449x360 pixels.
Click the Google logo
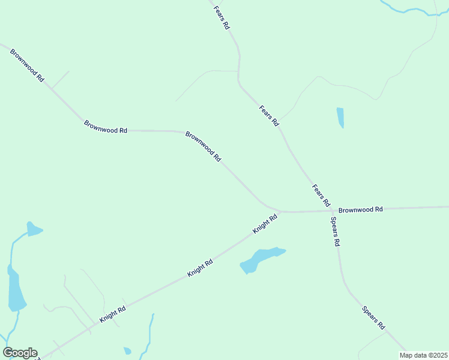point(20,353)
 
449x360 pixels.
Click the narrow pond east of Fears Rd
point(340,117)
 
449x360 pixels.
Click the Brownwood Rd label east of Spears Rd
point(360,210)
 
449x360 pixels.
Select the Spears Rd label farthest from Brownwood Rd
point(373,317)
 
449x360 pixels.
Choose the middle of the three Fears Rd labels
point(269,116)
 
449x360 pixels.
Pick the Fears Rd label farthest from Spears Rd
point(222,18)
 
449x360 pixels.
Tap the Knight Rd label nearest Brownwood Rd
point(265,224)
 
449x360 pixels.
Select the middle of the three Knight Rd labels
point(200,268)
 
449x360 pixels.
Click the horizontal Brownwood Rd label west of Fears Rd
point(106,127)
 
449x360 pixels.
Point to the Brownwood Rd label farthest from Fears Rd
point(27,65)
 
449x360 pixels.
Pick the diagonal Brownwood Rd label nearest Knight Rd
point(203,146)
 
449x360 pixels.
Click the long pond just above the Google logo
point(16,291)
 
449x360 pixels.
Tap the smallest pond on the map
point(127,350)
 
